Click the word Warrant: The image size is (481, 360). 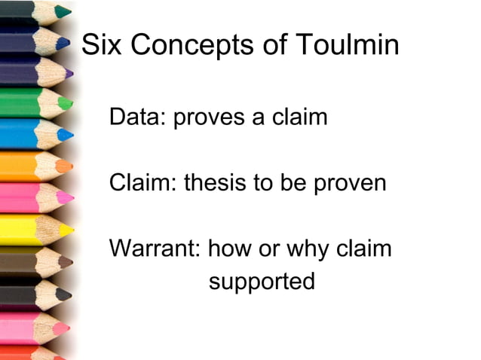[155, 248]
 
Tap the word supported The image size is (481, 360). [261, 282]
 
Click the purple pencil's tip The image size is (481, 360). [70, 74]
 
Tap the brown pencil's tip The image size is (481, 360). [69, 262]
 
